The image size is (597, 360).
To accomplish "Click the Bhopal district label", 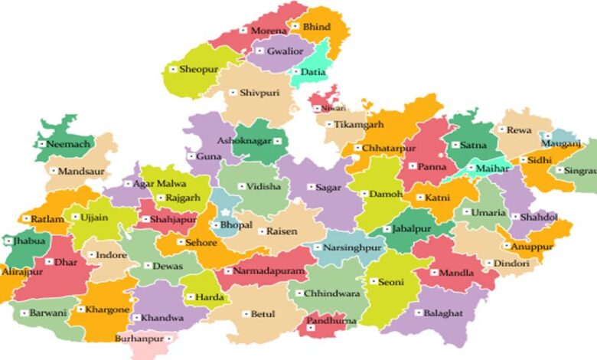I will point(235,226).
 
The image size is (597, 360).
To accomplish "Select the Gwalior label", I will point(285,51).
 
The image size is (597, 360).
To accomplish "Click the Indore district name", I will point(112,254).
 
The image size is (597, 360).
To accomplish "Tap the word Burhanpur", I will point(139,337).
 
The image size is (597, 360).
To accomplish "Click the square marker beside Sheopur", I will point(173,70).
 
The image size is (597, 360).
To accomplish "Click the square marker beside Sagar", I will point(311,187).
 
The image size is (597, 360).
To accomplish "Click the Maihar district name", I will point(492,166).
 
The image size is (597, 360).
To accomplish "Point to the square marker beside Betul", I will point(245,313).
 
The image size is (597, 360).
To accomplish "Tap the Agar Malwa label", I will point(159,184).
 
